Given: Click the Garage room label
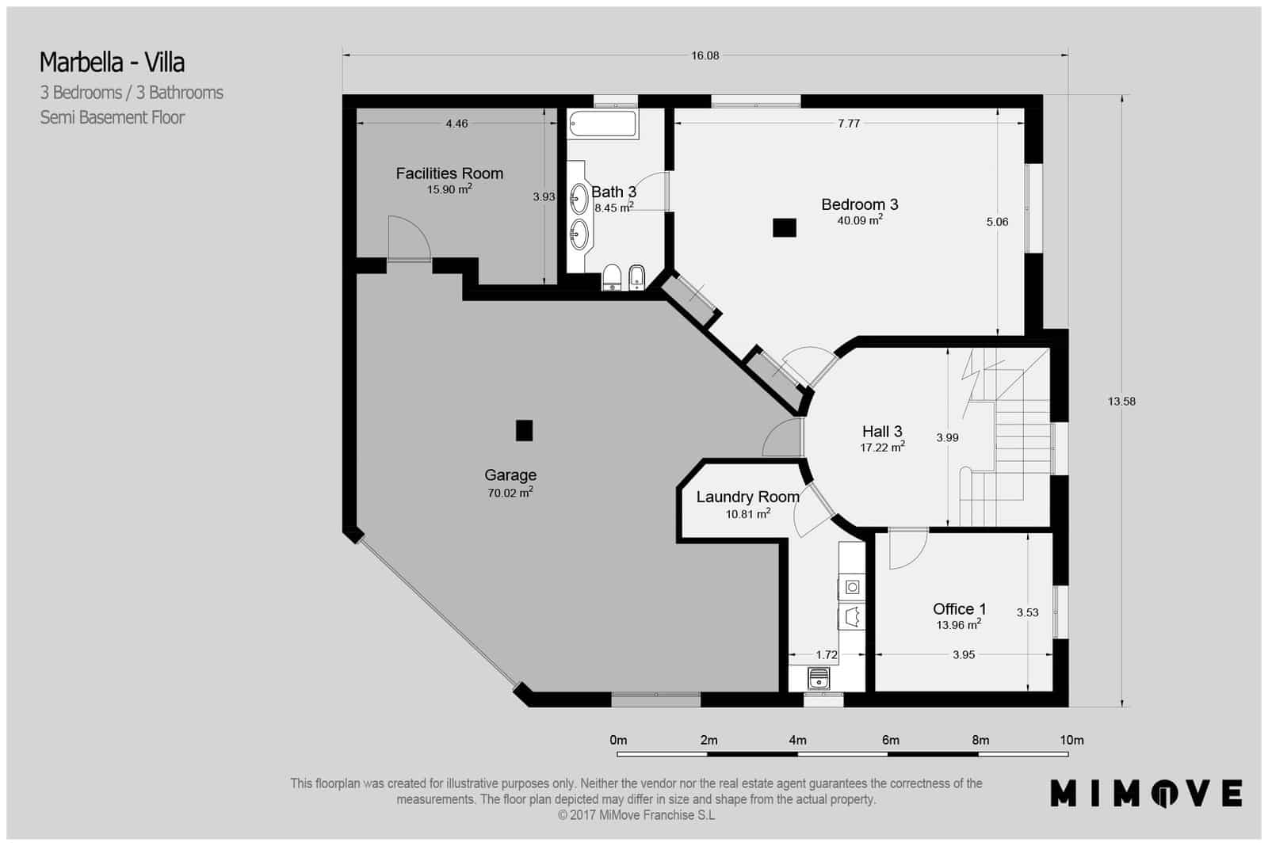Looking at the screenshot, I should click(510, 475).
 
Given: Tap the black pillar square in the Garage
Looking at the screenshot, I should click(524, 430).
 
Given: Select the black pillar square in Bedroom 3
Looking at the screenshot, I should click(784, 227).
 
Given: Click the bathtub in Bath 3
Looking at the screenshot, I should click(603, 125).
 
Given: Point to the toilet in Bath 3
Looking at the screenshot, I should click(612, 277).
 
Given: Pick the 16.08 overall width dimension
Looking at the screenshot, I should click(705, 55).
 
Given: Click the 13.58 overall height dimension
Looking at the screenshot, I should click(1121, 402).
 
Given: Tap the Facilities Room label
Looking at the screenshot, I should click(449, 173).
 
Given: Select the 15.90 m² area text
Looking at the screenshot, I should click(449, 189).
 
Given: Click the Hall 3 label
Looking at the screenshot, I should click(882, 432).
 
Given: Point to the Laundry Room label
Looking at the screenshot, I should click(747, 497).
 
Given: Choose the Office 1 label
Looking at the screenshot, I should click(959, 608).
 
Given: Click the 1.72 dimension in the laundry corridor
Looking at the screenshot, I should click(827, 655).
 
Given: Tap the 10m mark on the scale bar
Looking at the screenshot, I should click(1071, 740).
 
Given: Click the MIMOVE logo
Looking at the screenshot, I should click(1146, 793).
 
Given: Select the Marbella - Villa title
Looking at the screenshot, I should click(113, 62).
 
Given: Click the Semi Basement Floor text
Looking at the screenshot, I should click(113, 117).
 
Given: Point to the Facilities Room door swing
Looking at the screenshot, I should click(410, 238).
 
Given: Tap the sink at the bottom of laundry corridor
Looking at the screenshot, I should click(819, 678).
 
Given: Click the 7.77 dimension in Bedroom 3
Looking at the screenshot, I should click(849, 124).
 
